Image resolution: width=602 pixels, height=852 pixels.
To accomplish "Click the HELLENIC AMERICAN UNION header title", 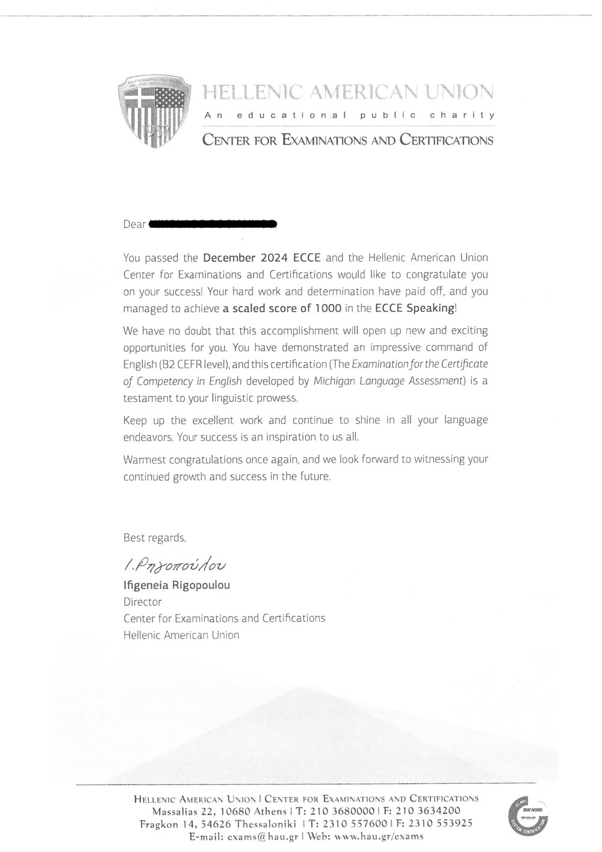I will tap(349, 92).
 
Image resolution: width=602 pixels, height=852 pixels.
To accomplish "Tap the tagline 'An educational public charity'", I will tap(349, 114).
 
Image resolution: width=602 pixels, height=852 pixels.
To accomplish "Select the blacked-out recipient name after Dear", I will tap(213, 225).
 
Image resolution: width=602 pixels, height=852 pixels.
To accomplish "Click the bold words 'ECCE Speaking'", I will tap(414, 309).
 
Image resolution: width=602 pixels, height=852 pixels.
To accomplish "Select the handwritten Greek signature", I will tap(175, 565).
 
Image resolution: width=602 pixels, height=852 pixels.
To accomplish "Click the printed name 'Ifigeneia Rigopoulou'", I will tap(176, 585).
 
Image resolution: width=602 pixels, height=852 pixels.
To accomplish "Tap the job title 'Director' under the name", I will tap(143, 602).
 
